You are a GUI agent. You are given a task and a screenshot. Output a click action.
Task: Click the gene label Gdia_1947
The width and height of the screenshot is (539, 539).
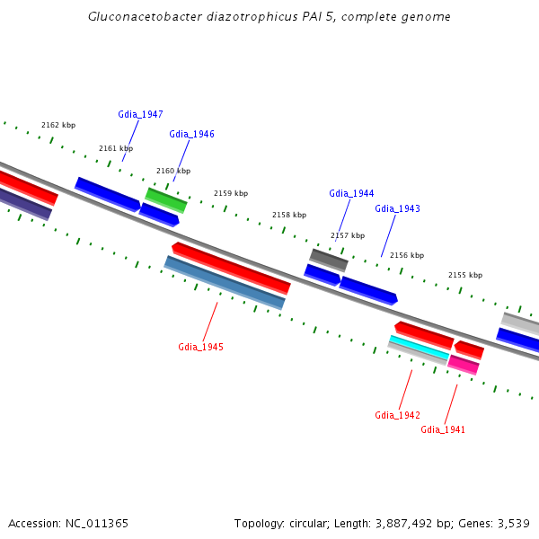click(x=140, y=114)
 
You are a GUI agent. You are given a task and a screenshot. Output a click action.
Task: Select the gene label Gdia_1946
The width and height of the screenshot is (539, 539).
click(x=191, y=134)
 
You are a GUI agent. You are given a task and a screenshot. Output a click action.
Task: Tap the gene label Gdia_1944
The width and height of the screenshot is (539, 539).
click(x=351, y=193)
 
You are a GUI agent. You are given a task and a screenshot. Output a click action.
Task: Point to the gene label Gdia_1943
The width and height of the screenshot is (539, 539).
click(x=397, y=208)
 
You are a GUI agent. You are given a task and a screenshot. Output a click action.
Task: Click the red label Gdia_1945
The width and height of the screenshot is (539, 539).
click(x=200, y=347)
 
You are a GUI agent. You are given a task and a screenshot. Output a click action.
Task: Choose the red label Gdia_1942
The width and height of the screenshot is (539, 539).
click(x=397, y=415)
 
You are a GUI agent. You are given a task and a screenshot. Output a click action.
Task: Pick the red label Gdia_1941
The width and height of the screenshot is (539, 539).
click(x=443, y=429)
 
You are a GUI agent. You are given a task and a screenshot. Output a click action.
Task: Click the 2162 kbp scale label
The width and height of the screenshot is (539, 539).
click(x=58, y=126)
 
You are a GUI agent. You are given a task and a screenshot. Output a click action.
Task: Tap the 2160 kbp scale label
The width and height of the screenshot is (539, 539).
click(x=173, y=171)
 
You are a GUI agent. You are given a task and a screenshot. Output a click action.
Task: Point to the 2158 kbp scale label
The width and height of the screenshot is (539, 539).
click(x=289, y=216)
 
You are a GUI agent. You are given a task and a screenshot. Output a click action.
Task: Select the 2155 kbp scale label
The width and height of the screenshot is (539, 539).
click(x=465, y=275)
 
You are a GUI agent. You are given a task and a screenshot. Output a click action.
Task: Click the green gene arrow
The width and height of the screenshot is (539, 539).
click(x=166, y=200)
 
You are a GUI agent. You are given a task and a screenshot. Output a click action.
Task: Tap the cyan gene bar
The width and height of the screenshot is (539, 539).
click(x=419, y=347)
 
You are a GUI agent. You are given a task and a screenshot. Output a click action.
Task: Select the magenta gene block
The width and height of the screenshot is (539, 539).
click(x=464, y=365)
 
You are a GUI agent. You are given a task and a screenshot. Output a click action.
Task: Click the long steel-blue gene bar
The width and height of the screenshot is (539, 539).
click(x=225, y=282)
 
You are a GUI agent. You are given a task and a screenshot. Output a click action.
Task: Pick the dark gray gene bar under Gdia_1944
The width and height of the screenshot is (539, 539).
click(x=329, y=260)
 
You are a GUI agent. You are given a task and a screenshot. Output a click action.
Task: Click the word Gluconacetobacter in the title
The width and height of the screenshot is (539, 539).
click(x=133, y=17)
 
